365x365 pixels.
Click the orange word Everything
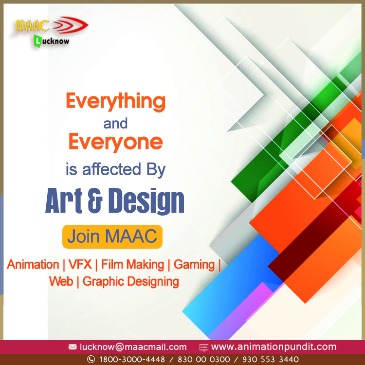click(x=116, y=102)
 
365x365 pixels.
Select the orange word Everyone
click(x=115, y=142)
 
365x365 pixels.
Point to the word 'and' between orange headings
click(x=115, y=123)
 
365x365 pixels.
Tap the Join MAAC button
click(x=112, y=237)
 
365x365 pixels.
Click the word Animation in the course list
click(x=33, y=265)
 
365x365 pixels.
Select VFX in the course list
click(x=79, y=265)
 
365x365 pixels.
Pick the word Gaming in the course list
click(x=194, y=265)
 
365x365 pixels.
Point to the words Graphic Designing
click(x=131, y=281)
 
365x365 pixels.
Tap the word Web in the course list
click(x=61, y=281)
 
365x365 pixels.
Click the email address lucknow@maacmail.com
click(x=133, y=347)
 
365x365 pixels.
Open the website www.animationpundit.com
click(x=274, y=347)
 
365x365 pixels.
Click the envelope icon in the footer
click(x=73, y=347)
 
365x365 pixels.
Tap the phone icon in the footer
click(x=91, y=359)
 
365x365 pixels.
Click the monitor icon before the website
click(x=203, y=347)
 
